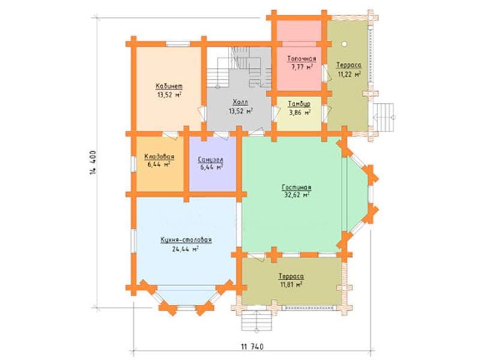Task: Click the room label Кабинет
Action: click(169, 86)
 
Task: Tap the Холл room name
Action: click(241, 102)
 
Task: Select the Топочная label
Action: click(302, 58)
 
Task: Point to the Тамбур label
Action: click(299, 104)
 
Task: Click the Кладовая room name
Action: click(159, 157)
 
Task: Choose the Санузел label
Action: click(211, 160)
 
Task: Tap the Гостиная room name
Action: click(296, 187)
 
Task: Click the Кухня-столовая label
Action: click(186, 239)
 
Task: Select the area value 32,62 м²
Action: click(296, 195)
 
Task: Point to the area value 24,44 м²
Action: click(185, 248)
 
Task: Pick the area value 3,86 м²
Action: click(299, 112)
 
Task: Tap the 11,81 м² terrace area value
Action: click(291, 284)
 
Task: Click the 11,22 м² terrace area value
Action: click(349, 74)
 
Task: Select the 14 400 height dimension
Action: click(94, 163)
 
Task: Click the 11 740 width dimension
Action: click(252, 347)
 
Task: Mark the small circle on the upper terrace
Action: click(344, 44)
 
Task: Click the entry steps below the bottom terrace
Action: click(257, 320)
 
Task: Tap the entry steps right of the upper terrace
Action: click(383, 117)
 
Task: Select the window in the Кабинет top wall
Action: click(178, 44)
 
